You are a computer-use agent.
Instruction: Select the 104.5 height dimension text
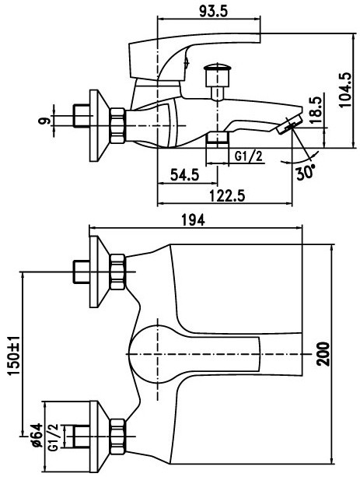pyautogui.click(x=345, y=89)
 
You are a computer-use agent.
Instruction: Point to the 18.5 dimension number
pyautogui.click(x=316, y=110)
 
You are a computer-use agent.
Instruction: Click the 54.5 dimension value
pyautogui.click(x=184, y=175)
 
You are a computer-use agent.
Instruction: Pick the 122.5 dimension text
pyautogui.click(x=228, y=195)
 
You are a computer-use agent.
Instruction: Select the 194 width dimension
pyautogui.click(x=193, y=220)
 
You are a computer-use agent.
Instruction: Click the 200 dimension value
pyautogui.click(x=323, y=354)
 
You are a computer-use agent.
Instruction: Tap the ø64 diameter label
pyautogui.click(x=37, y=435)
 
